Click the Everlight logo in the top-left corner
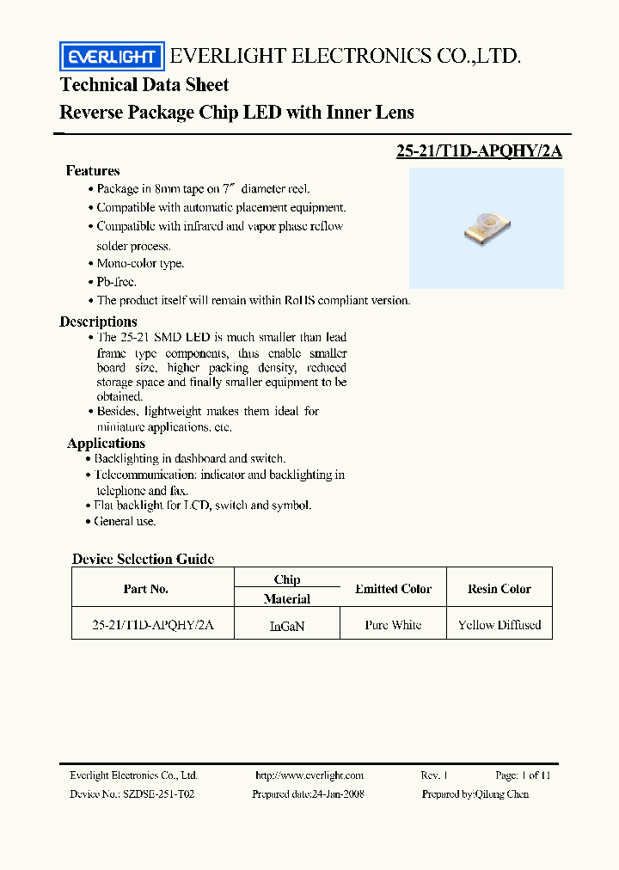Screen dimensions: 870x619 pyautogui.click(x=112, y=57)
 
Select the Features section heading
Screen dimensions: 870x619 pyautogui.click(x=93, y=171)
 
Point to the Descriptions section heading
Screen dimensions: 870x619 pyautogui.click(x=98, y=322)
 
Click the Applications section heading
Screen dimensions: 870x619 pyautogui.click(x=106, y=444)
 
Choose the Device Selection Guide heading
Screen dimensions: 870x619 pyautogui.click(x=143, y=559)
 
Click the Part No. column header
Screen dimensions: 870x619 pyautogui.click(x=146, y=589)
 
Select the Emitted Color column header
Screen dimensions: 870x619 pyautogui.click(x=393, y=589)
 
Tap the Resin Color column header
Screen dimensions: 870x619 pyautogui.click(x=499, y=589)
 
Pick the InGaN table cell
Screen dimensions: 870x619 pyautogui.click(x=287, y=627)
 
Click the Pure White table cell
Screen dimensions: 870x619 pyautogui.click(x=393, y=625)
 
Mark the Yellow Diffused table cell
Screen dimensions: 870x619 pyautogui.click(x=499, y=625)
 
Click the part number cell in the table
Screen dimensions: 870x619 pyautogui.click(x=152, y=625)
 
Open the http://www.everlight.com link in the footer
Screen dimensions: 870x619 pyautogui.click(x=309, y=775)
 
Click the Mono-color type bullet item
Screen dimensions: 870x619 pyautogui.click(x=139, y=264)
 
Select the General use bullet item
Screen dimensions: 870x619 pyautogui.click(x=125, y=521)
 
